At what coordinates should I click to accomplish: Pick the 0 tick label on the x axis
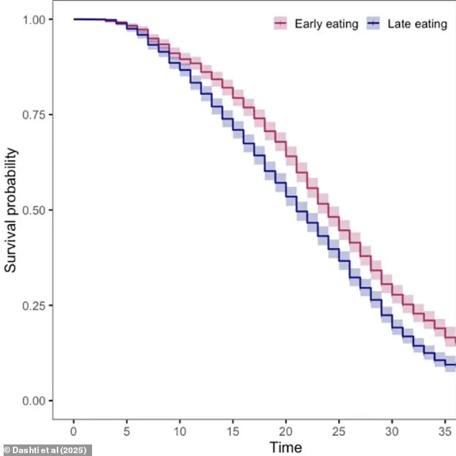click(73, 429)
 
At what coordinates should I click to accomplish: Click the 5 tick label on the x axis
click(127, 429)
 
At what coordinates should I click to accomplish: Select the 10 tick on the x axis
click(180, 429)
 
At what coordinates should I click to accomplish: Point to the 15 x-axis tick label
click(233, 429)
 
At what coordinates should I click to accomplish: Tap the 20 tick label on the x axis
click(286, 429)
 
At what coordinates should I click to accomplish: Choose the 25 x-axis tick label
click(339, 429)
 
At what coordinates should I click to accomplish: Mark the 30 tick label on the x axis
click(392, 429)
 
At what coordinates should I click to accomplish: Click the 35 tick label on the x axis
click(444, 429)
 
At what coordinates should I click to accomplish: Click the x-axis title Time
click(286, 447)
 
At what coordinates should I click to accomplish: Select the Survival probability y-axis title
click(11, 210)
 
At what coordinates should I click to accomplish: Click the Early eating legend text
click(326, 24)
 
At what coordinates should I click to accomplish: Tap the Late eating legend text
click(417, 24)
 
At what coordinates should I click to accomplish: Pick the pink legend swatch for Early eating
click(280, 24)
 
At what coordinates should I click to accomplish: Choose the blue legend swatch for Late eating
click(373, 24)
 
